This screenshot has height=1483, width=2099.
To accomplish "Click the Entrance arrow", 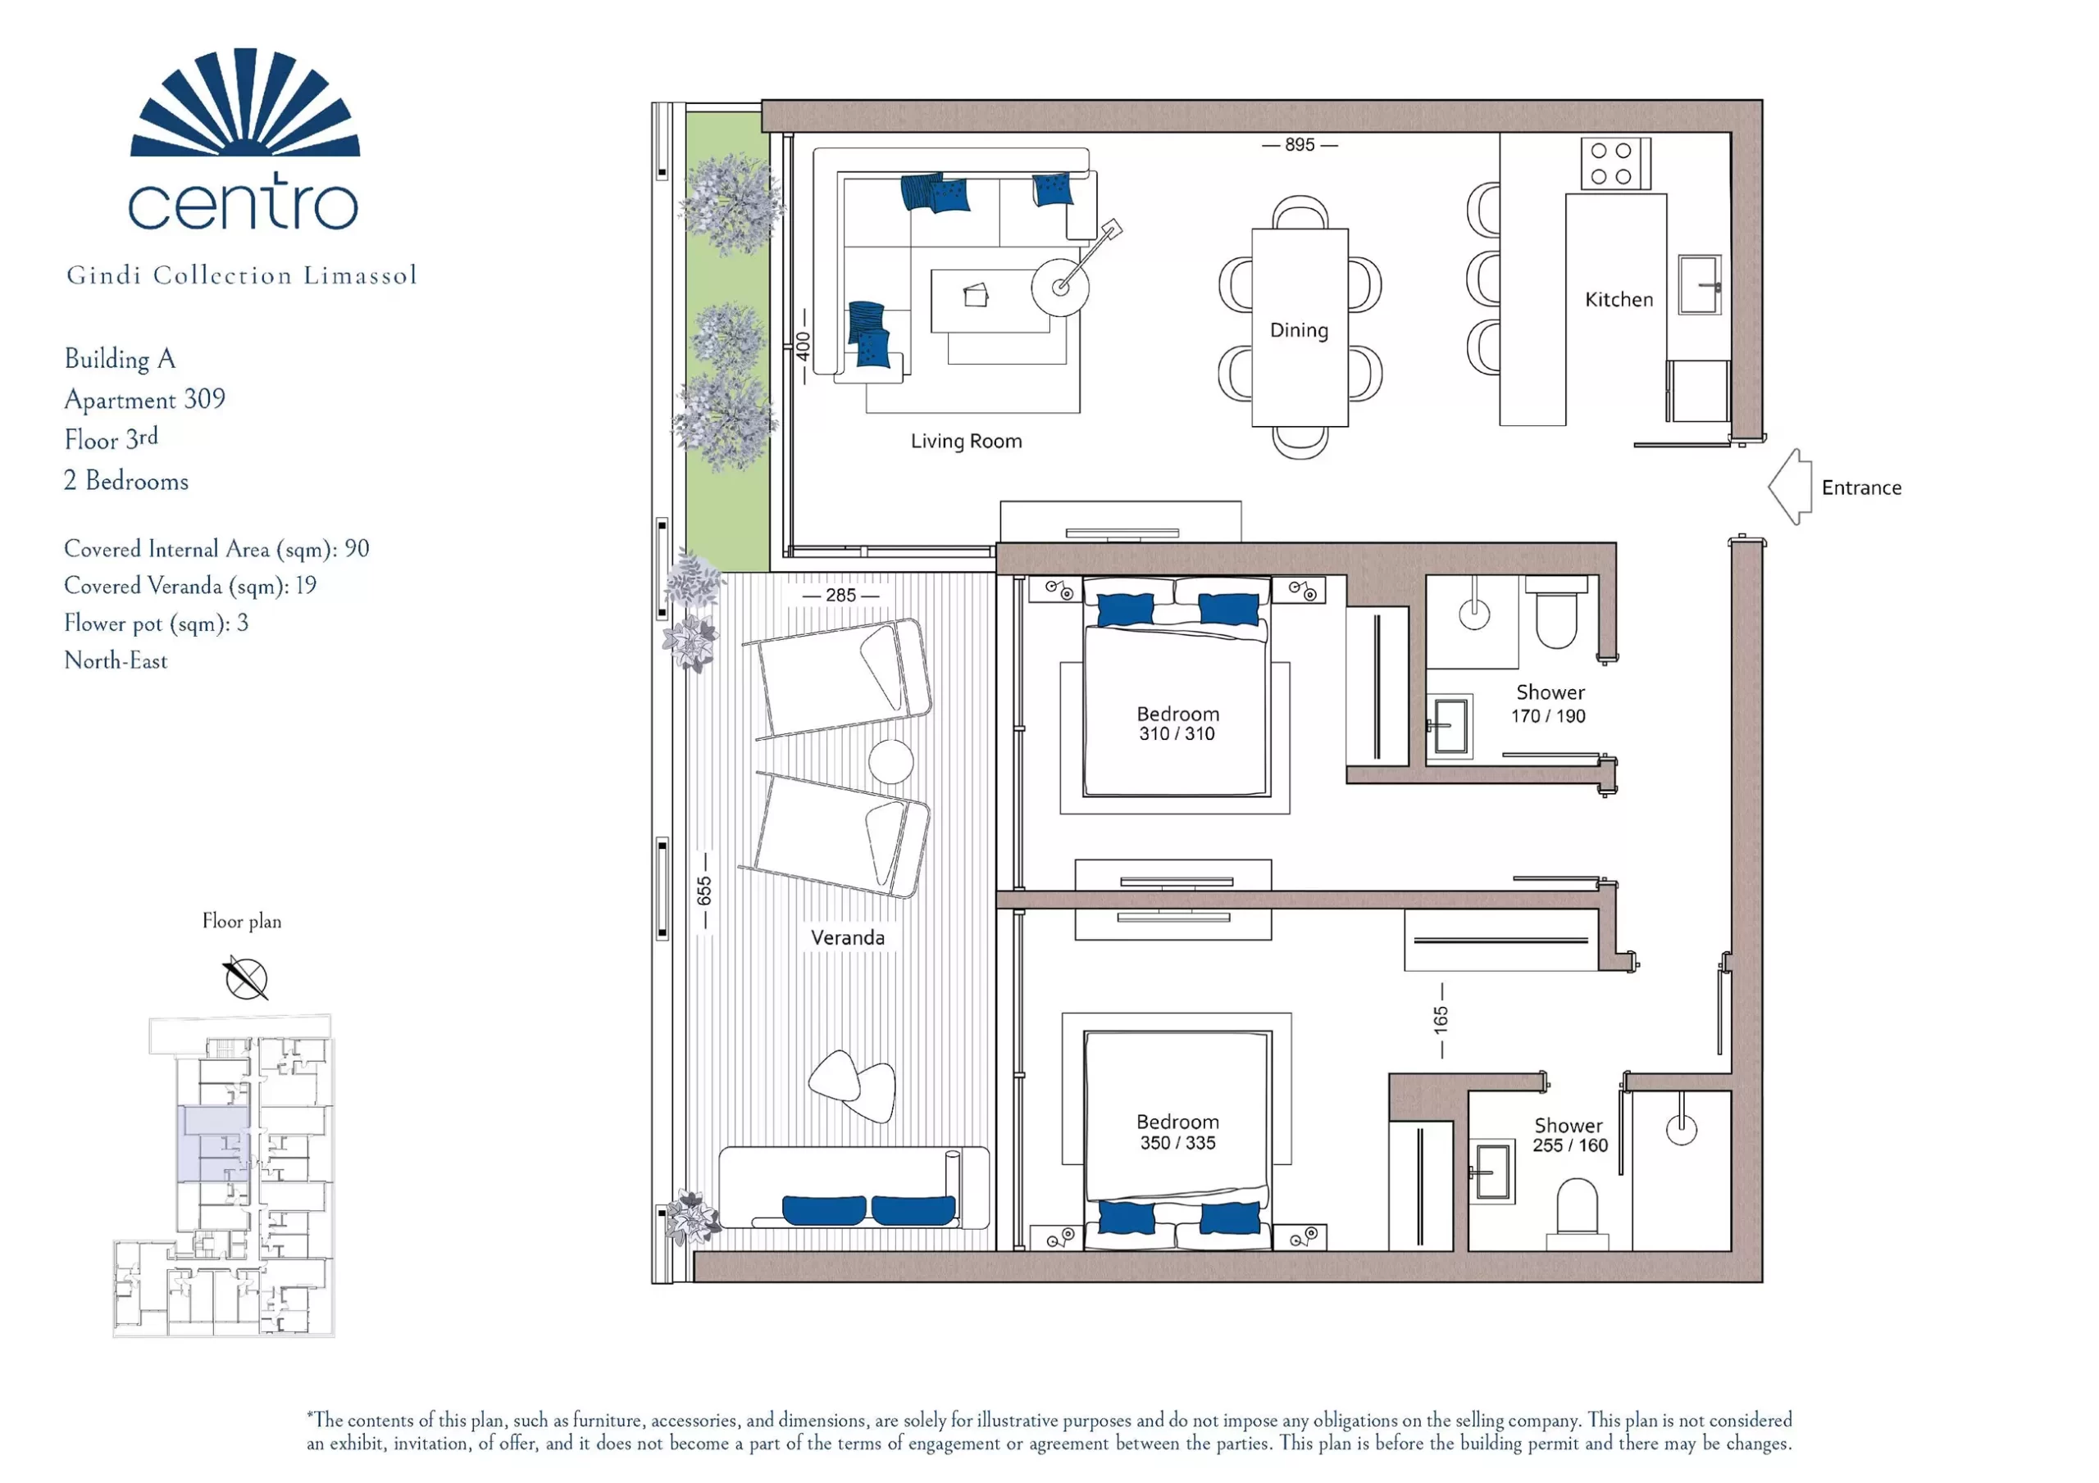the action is point(1789,486).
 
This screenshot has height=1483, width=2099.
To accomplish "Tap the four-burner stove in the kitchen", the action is point(1615,164).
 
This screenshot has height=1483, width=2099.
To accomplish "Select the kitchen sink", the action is point(1699,284).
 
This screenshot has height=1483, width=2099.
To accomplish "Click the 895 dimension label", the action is point(1299,144).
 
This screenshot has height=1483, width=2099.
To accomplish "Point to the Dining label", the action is point(1299,330).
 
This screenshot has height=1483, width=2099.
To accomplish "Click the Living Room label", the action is point(967,442).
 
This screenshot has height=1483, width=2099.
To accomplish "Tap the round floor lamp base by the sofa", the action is point(1060,287).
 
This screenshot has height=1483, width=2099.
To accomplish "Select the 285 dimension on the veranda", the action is point(841,595).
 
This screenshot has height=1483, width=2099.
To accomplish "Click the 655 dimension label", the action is point(704,891).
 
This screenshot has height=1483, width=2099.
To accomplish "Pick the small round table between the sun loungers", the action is point(890,761).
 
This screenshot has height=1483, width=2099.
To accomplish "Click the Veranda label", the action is point(848,937).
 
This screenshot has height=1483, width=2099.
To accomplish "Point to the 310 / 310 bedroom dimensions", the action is point(1177,734).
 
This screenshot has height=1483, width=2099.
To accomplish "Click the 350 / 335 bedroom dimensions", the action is point(1177,1142).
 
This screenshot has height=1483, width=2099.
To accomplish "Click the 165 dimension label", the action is point(1441,1020).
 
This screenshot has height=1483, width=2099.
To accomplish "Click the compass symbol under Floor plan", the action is point(246,978).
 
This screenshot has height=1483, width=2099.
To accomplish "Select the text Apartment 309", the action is point(144,399).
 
